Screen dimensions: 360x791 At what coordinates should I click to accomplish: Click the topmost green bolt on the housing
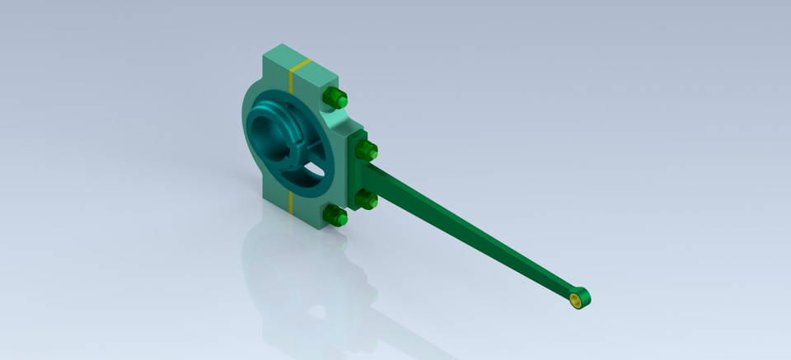pos(334,98)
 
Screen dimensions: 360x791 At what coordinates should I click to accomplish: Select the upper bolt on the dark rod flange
pos(367,150)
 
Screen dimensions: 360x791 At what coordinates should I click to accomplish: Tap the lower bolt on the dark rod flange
pos(367,199)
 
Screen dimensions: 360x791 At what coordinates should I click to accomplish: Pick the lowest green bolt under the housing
pos(335,217)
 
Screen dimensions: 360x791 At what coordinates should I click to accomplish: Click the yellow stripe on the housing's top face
pos(301,64)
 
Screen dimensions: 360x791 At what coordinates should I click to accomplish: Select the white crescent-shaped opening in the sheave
pos(311,171)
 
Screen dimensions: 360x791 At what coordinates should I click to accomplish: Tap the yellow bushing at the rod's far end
pos(577,299)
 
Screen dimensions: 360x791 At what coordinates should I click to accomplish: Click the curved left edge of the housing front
pos(245,124)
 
